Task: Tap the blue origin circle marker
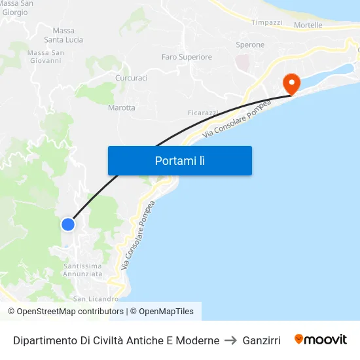(x=68, y=225)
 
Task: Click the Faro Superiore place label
(x=187, y=57)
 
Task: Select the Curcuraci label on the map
(x=131, y=78)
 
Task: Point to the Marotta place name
(x=122, y=107)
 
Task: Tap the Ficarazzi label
(x=202, y=113)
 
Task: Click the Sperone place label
(x=250, y=45)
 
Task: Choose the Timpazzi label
(x=267, y=22)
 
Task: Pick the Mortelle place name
(x=308, y=26)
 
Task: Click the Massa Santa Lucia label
(x=68, y=35)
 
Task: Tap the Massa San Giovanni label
(x=45, y=56)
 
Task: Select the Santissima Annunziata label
(x=83, y=270)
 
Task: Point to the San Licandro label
(x=96, y=299)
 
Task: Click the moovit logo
(x=321, y=340)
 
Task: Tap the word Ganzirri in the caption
(x=261, y=340)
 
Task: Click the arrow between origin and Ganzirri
(x=230, y=340)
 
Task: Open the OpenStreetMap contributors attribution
(x=70, y=312)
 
